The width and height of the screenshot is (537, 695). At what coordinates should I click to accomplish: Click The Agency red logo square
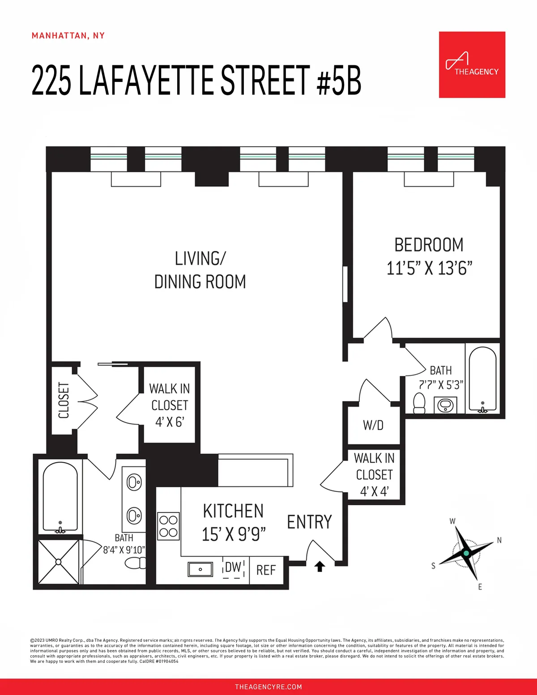point(472,64)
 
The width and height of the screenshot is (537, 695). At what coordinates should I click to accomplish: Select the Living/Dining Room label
point(200,270)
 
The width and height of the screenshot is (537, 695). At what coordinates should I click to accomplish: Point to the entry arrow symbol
point(320,566)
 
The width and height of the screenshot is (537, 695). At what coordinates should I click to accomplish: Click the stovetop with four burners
point(168,526)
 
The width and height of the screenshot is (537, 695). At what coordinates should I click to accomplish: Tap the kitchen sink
point(200,569)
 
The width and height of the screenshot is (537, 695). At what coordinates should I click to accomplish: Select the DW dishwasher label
point(233,567)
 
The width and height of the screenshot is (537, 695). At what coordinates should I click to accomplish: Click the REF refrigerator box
point(266,570)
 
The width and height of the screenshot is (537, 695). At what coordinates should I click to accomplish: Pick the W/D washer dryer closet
point(373,425)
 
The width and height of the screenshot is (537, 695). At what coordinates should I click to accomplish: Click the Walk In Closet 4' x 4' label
point(374,475)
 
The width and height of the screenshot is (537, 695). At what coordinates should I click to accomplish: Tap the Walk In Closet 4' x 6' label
point(169,405)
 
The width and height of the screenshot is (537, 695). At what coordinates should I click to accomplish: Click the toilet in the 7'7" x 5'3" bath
point(419,403)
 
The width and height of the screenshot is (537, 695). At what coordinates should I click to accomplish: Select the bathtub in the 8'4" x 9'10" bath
point(60,497)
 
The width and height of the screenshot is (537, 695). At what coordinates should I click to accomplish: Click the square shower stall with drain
point(59,562)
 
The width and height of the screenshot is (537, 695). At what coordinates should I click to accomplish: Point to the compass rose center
point(466,553)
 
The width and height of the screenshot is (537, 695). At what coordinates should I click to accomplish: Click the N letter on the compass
point(499,540)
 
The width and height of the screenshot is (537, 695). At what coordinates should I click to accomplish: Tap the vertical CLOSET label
point(64,400)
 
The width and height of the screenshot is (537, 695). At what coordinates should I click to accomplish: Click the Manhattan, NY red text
point(68,36)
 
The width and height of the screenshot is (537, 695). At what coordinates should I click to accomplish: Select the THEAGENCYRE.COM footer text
point(268,686)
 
